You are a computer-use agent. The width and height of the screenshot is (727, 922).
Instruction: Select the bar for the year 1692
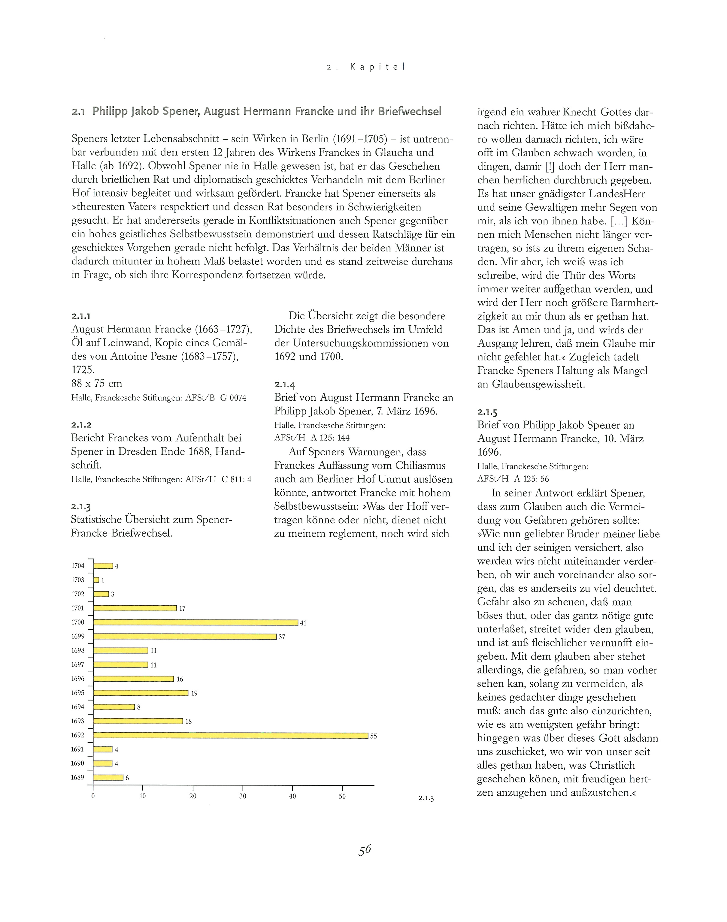[x=230, y=736]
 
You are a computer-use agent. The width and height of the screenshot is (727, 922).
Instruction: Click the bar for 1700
[x=195, y=622]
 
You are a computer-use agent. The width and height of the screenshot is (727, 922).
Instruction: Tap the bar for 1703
[x=96, y=580]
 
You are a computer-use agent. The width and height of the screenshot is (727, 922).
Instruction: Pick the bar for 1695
[x=141, y=693]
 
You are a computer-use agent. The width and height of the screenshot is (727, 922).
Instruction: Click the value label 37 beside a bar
[x=282, y=637]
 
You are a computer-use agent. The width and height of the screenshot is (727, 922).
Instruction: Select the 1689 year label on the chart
[x=77, y=778]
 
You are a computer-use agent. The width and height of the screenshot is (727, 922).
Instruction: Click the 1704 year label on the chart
[x=78, y=566]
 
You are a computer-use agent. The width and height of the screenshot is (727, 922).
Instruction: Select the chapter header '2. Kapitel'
[x=366, y=67]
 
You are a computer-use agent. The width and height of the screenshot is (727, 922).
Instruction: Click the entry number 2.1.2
[x=81, y=425]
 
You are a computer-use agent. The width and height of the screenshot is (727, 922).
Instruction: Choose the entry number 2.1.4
[x=284, y=385]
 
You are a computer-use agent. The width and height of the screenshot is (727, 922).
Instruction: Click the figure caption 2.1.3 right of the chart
[x=426, y=799]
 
